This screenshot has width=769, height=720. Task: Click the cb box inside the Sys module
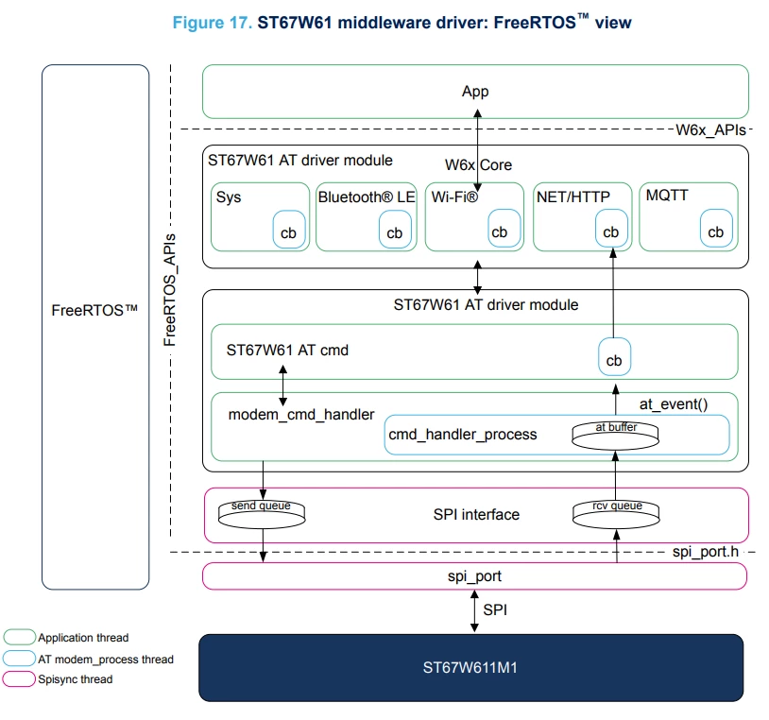click(x=289, y=230)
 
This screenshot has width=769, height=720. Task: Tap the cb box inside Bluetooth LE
click(x=395, y=230)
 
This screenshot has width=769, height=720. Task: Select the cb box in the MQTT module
click(x=716, y=229)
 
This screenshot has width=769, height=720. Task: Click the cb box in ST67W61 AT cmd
click(x=614, y=357)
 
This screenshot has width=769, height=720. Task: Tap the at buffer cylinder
click(x=616, y=436)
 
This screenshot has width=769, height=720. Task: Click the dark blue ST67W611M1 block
click(x=470, y=667)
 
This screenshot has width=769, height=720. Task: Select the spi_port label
click(x=474, y=576)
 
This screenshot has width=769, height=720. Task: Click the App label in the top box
click(x=475, y=92)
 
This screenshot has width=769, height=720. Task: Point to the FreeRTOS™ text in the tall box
click(x=94, y=310)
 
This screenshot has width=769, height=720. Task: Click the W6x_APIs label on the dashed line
click(x=710, y=130)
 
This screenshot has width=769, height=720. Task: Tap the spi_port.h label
click(x=706, y=552)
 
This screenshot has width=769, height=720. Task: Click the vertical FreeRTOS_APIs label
click(x=169, y=290)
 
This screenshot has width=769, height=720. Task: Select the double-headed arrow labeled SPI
click(x=474, y=611)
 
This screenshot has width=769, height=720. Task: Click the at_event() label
click(x=674, y=404)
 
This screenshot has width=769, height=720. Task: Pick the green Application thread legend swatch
click(x=19, y=637)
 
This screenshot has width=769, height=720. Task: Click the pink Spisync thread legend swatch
click(x=19, y=678)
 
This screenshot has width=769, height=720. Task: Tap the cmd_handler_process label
click(x=463, y=435)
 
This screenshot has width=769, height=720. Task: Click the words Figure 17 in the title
click(x=212, y=23)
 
